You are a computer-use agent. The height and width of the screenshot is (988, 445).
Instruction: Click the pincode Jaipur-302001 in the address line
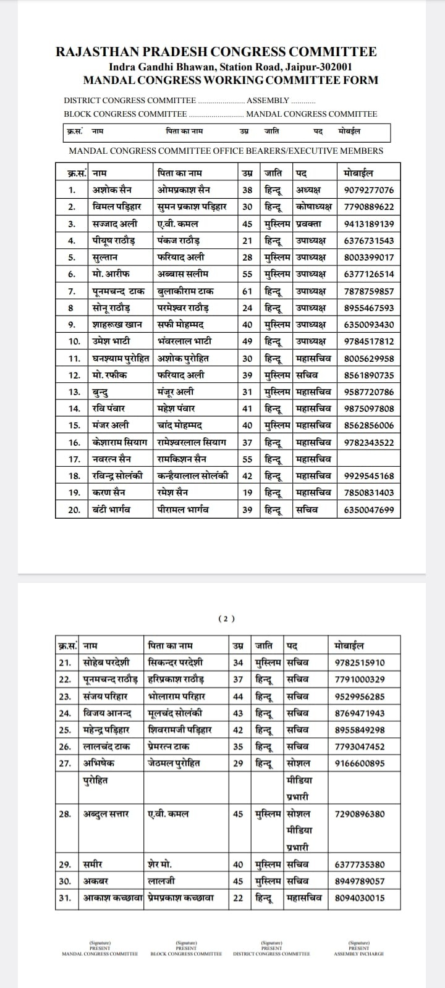pyautogui.click(x=319, y=67)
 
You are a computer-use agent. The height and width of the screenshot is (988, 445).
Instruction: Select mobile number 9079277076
pyautogui.click(x=368, y=190)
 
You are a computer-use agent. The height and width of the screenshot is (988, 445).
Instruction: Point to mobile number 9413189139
pyautogui.click(x=368, y=224)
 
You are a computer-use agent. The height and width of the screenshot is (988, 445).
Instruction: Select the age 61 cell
pyautogui.click(x=247, y=291)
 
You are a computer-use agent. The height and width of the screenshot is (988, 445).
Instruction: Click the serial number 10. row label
pyautogui.click(x=74, y=341)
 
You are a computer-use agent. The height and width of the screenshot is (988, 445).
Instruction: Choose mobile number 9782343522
pyautogui.click(x=368, y=442)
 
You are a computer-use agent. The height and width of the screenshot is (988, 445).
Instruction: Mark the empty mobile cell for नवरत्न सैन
pyautogui.click(x=368, y=459)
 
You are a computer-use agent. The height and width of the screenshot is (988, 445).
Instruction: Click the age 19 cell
pyautogui.click(x=247, y=493)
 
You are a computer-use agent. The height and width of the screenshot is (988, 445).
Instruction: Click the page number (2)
pyautogui.click(x=227, y=618)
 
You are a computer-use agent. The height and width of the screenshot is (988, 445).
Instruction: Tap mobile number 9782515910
pyautogui.click(x=360, y=663)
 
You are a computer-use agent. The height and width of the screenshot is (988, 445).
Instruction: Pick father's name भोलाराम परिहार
pyautogui.click(x=177, y=696)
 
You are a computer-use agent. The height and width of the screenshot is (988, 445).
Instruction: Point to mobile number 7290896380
pyautogui.click(x=360, y=814)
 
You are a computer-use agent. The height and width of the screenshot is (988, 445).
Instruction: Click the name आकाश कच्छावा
pyautogui.click(x=114, y=898)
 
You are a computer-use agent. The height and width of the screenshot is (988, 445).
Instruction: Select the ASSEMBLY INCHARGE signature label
pyautogui.click(x=358, y=954)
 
